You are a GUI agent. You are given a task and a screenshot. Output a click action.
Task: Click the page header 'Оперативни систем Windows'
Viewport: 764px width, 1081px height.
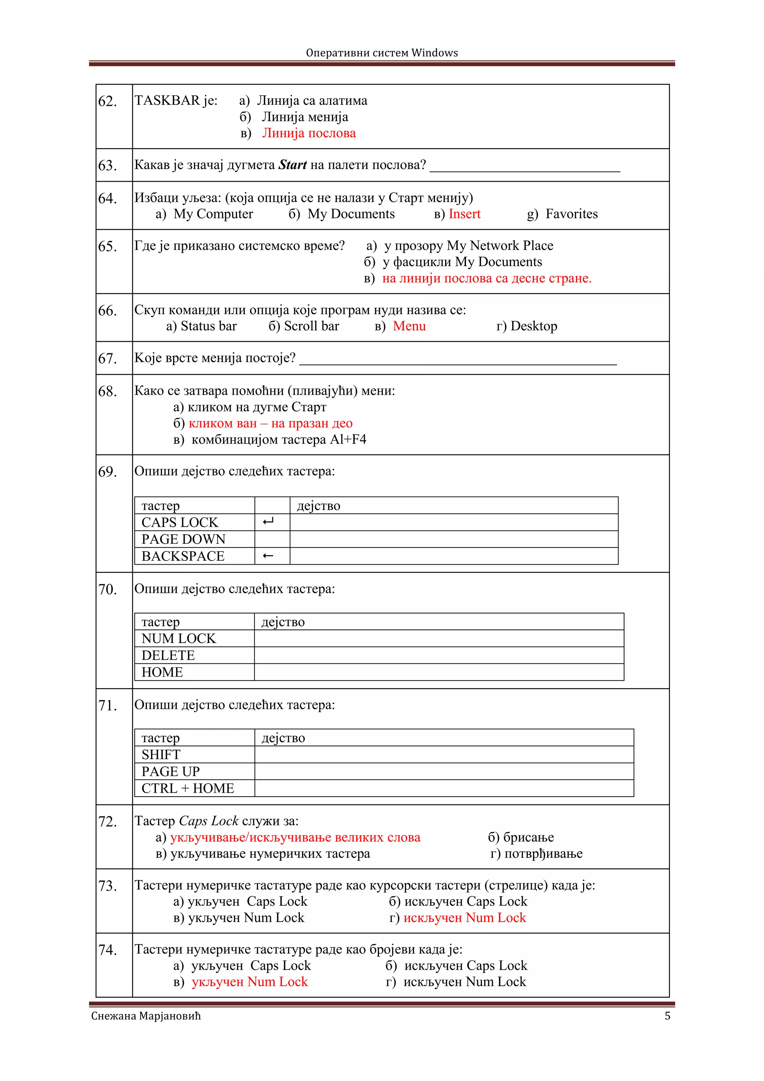(x=382, y=53)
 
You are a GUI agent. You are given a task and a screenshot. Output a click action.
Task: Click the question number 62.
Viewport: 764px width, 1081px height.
(x=107, y=101)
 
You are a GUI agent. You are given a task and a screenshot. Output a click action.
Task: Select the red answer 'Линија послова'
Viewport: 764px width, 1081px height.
(x=309, y=133)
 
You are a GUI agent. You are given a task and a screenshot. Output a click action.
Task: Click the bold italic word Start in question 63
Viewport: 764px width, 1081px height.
(x=292, y=165)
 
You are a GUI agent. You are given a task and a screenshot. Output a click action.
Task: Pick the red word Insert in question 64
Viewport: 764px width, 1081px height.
(x=464, y=214)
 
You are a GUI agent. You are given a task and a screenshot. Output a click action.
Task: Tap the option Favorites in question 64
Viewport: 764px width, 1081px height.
(x=571, y=214)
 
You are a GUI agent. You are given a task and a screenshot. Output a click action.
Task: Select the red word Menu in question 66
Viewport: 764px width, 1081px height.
(x=409, y=326)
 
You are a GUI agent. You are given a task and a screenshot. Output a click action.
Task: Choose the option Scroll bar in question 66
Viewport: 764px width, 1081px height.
(x=311, y=326)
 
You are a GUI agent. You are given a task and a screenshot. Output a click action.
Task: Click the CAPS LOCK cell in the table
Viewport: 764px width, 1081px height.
(x=180, y=522)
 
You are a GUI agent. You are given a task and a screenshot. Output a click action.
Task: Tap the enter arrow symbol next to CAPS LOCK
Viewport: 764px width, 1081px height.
(x=268, y=522)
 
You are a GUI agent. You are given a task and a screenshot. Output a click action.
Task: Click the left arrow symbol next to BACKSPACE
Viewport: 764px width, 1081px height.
(x=268, y=556)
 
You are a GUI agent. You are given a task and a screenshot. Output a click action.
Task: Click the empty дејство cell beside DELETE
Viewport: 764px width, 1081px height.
(x=439, y=655)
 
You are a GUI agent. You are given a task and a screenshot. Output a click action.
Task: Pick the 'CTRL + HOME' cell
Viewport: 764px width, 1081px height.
(x=187, y=788)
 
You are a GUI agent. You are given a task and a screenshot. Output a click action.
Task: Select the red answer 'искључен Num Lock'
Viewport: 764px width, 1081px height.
(x=464, y=918)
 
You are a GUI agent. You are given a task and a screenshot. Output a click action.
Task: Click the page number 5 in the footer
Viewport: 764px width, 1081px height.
(x=667, y=1016)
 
